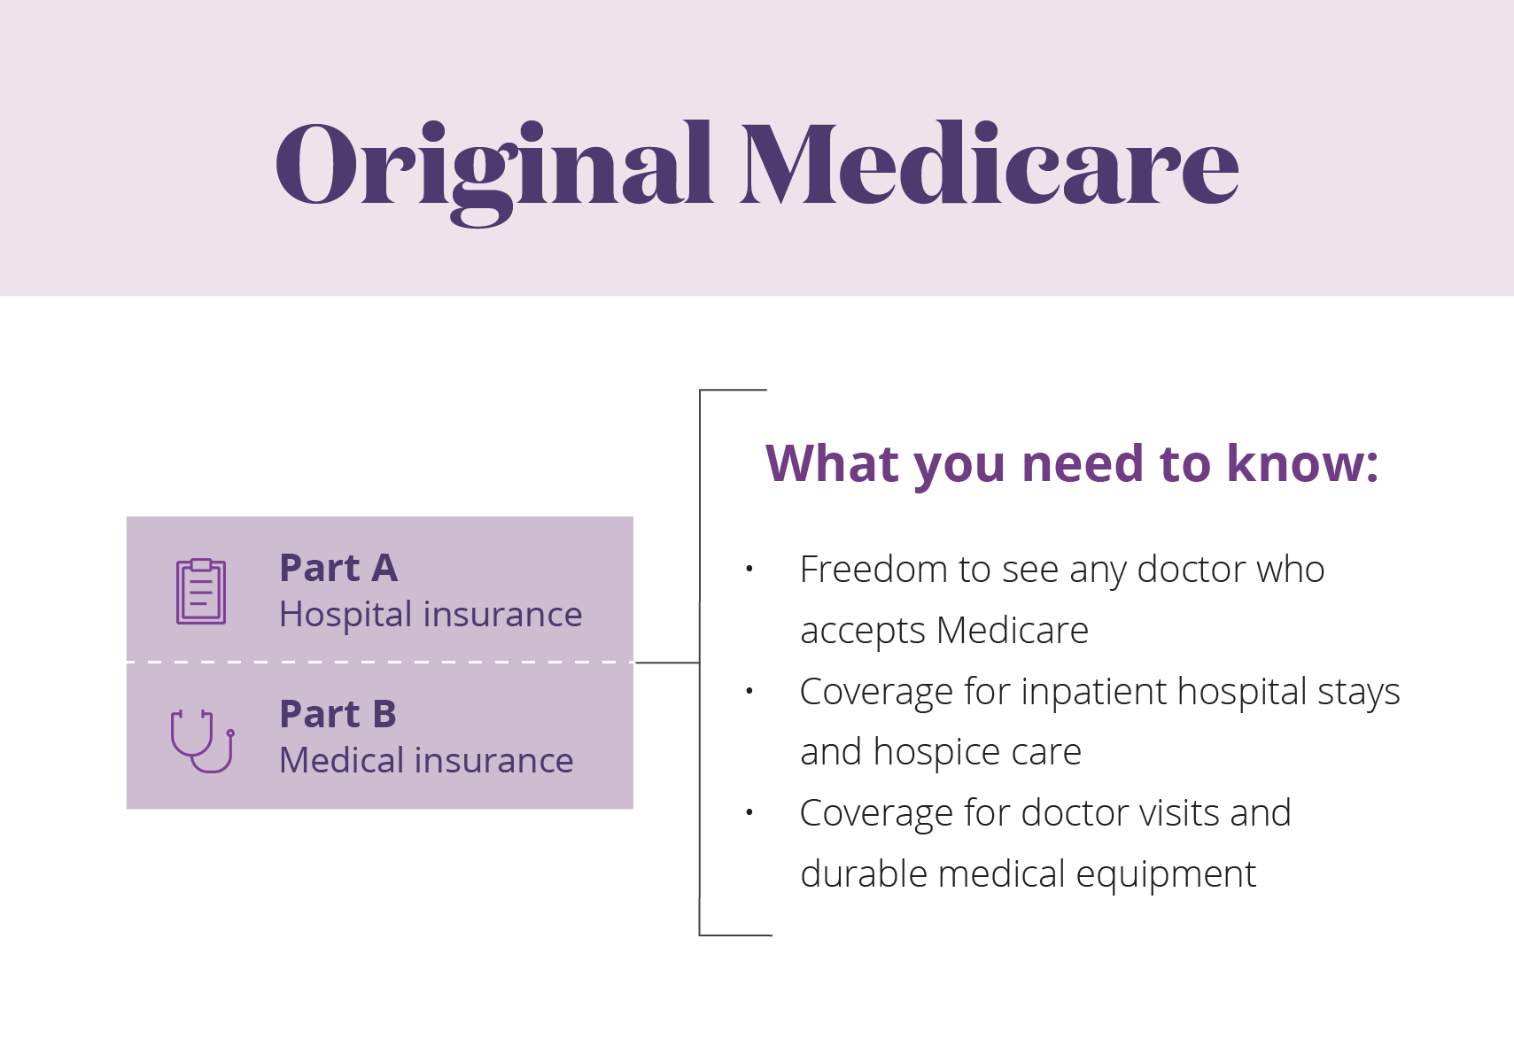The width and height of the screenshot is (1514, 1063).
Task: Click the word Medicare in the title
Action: (x=990, y=163)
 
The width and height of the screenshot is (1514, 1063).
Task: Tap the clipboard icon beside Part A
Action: (x=201, y=592)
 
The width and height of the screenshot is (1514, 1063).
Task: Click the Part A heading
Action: (x=338, y=568)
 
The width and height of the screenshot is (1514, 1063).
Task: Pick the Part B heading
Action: (x=338, y=714)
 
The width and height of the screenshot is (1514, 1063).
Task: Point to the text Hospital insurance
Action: (x=431, y=615)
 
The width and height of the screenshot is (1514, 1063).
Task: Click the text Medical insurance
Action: (x=426, y=760)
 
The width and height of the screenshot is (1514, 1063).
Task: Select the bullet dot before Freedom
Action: (x=749, y=569)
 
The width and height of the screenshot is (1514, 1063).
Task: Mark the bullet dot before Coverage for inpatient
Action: (x=749, y=691)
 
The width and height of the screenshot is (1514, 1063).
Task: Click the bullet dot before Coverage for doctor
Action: (x=749, y=811)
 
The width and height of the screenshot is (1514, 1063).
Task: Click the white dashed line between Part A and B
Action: (x=380, y=663)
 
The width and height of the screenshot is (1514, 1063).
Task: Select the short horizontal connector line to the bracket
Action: (x=668, y=663)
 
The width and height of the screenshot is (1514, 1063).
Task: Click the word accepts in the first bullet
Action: (x=863, y=632)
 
